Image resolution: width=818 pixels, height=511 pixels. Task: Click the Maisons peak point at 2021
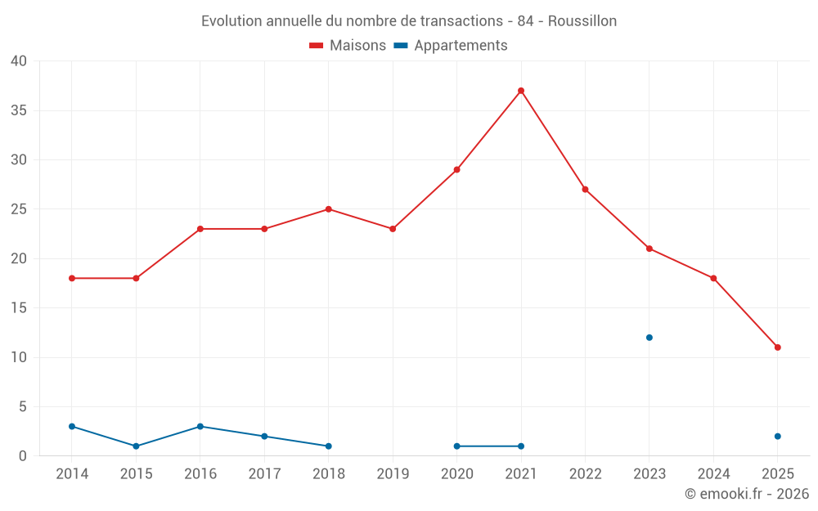(x=521, y=91)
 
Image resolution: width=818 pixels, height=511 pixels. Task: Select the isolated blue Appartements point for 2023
(x=649, y=338)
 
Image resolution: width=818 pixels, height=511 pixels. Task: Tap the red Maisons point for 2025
(x=777, y=347)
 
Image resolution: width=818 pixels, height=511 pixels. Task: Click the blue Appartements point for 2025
(x=777, y=437)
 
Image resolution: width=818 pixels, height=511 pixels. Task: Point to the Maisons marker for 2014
(x=72, y=278)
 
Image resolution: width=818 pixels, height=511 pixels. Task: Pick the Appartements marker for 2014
(x=72, y=427)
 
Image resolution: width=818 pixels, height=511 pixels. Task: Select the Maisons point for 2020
(x=456, y=170)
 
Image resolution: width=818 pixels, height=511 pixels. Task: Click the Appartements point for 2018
(x=328, y=446)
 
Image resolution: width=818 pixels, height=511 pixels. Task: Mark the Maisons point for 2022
(x=585, y=190)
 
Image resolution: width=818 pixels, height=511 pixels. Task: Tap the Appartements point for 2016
(x=200, y=427)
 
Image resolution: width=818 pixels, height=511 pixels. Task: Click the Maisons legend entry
(x=348, y=46)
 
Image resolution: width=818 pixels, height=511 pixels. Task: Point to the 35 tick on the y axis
(x=19, y=110)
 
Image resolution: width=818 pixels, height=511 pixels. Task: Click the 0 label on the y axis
(x=23, y=456)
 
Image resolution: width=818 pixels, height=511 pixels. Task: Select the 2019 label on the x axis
(x=393, y=474)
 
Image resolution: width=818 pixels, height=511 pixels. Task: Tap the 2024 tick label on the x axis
(x=713, y=474)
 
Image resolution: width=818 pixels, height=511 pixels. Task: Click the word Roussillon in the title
(x=582, y=21)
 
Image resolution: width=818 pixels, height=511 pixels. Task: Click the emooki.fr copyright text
(x=747, y=494)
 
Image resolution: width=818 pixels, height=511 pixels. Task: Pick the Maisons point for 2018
(x=328, y=209)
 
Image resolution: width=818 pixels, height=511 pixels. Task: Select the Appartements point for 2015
(x=136, y=446)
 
